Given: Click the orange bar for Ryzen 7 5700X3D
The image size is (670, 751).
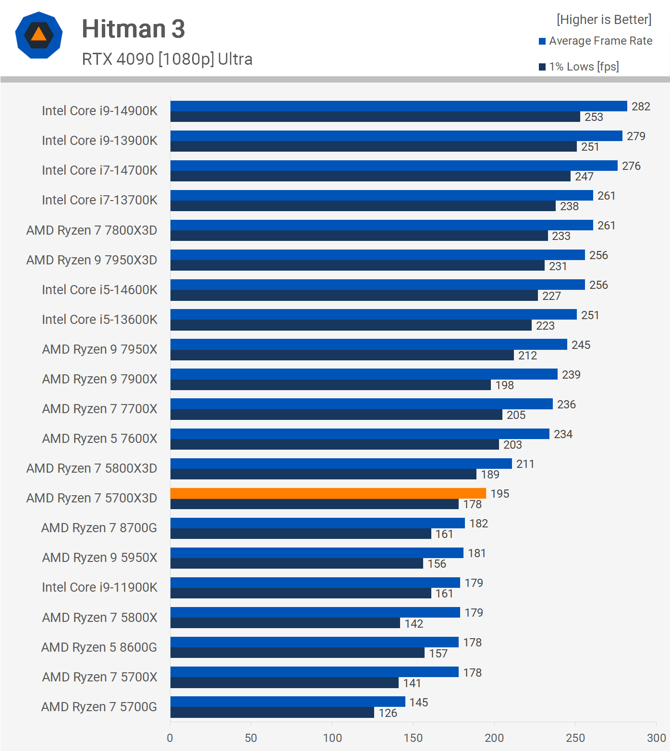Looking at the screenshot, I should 328,493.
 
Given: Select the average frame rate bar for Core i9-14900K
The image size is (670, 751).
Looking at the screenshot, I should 399,106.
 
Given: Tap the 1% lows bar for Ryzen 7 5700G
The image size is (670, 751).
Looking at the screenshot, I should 272,713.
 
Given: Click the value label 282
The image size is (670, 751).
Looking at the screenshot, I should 641,107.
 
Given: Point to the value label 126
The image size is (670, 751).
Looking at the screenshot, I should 388,713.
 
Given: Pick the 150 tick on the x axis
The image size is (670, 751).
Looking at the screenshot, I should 413,738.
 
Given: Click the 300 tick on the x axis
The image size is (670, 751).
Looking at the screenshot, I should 656,738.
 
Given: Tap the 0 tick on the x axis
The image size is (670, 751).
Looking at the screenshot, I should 170,738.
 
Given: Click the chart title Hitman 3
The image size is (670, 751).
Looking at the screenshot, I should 133,29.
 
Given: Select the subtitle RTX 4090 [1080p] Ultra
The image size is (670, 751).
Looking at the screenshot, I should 167,59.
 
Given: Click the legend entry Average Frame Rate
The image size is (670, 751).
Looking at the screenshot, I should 600,41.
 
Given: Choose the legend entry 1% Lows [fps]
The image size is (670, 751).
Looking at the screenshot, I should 584,67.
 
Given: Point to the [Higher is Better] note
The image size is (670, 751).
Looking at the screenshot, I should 604,20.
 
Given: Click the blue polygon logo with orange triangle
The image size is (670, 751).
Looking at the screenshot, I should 39,35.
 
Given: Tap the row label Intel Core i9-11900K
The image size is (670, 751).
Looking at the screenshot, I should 99,587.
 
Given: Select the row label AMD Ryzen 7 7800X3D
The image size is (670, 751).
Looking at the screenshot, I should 92,230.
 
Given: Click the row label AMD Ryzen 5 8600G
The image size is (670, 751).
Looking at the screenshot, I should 99,647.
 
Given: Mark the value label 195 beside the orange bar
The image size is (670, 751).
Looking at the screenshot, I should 499,494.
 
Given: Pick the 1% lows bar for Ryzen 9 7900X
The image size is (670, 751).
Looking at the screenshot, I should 330,385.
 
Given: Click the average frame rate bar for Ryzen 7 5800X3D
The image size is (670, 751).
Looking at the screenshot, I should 341,464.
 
